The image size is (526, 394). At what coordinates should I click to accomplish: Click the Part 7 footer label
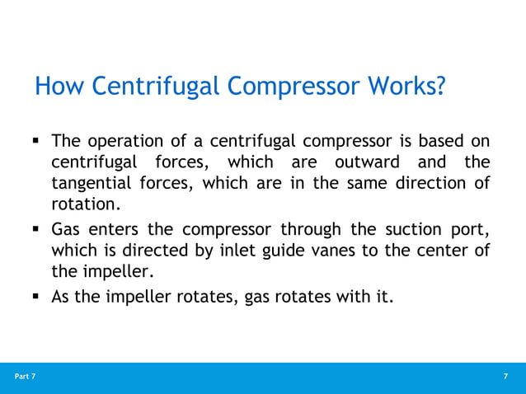[25, 377]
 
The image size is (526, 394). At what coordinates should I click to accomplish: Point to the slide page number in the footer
[505, 377]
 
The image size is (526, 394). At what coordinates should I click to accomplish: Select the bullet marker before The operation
[37, 141]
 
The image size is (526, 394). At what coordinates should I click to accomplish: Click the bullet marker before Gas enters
[37, 229]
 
